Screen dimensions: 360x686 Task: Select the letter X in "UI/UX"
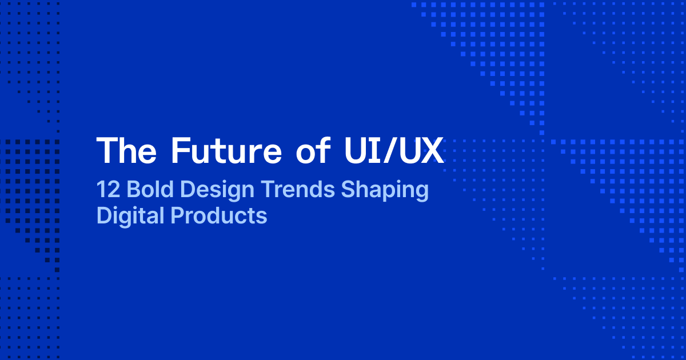[433, 151]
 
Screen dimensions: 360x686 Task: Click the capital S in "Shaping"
[348, 190]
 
